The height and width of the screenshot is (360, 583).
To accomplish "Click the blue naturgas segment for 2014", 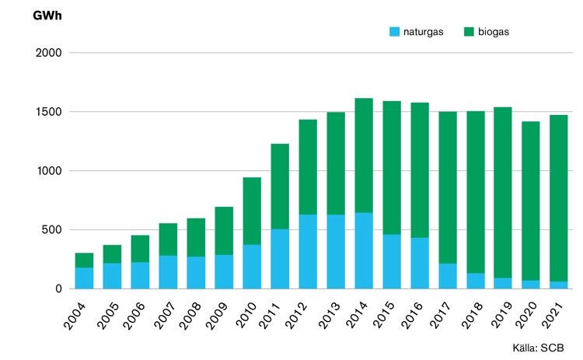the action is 364,250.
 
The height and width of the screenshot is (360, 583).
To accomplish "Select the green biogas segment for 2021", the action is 559,198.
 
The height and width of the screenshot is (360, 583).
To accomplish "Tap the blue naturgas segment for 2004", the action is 85,278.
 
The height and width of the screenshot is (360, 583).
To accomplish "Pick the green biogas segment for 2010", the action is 252,211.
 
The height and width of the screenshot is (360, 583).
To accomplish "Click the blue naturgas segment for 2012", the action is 309,252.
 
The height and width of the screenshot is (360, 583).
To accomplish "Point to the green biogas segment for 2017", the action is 448,188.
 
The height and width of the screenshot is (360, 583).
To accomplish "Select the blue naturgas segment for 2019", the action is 503,283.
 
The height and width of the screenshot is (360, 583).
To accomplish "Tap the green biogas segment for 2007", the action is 168,239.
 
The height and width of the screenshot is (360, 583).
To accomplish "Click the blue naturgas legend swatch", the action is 394,32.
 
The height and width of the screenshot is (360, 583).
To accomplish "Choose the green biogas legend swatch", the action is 470,32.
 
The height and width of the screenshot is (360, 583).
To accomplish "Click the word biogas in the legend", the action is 494,32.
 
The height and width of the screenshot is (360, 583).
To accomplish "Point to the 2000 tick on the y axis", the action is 49,53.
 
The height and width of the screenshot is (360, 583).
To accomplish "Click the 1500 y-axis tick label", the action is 49,111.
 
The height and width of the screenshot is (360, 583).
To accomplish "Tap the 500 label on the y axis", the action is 51,230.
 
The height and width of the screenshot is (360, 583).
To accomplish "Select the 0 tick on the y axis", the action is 59,289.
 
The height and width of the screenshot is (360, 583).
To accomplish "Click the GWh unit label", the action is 47,16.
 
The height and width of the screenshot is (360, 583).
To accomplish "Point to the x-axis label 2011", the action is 269,316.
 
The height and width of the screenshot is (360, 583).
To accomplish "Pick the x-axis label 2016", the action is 412,316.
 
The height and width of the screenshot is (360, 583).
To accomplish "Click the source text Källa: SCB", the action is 539,348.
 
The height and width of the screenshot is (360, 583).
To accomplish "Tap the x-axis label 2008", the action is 190,316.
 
